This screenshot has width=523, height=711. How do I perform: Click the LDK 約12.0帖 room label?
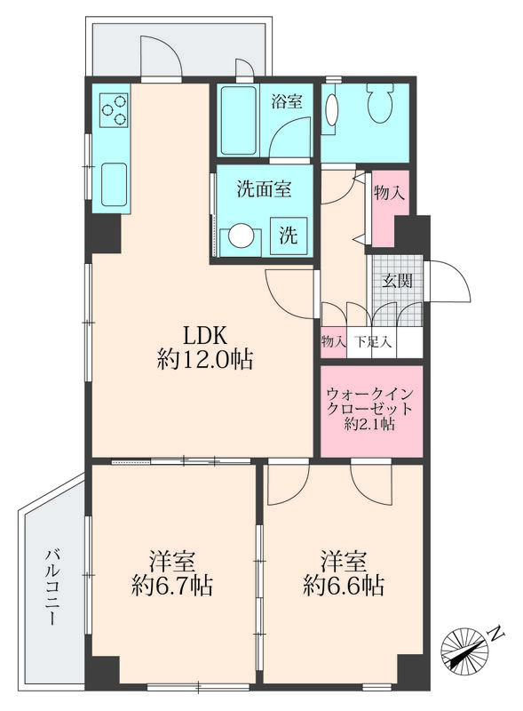click(205, 348)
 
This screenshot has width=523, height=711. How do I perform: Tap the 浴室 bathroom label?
click(287, 101)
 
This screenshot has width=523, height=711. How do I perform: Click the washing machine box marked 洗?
click(289, 237)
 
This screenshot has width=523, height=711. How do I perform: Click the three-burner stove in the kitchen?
click(115, 109)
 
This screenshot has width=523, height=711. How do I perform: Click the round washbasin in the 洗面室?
click(241, 237)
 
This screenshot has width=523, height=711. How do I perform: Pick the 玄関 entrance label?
click(396, 282)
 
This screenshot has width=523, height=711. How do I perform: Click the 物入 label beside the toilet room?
click(390, 193)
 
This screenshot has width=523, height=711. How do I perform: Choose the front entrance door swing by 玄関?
click(449, 284)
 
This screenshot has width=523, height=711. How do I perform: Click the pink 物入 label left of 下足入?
click(333, 341)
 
